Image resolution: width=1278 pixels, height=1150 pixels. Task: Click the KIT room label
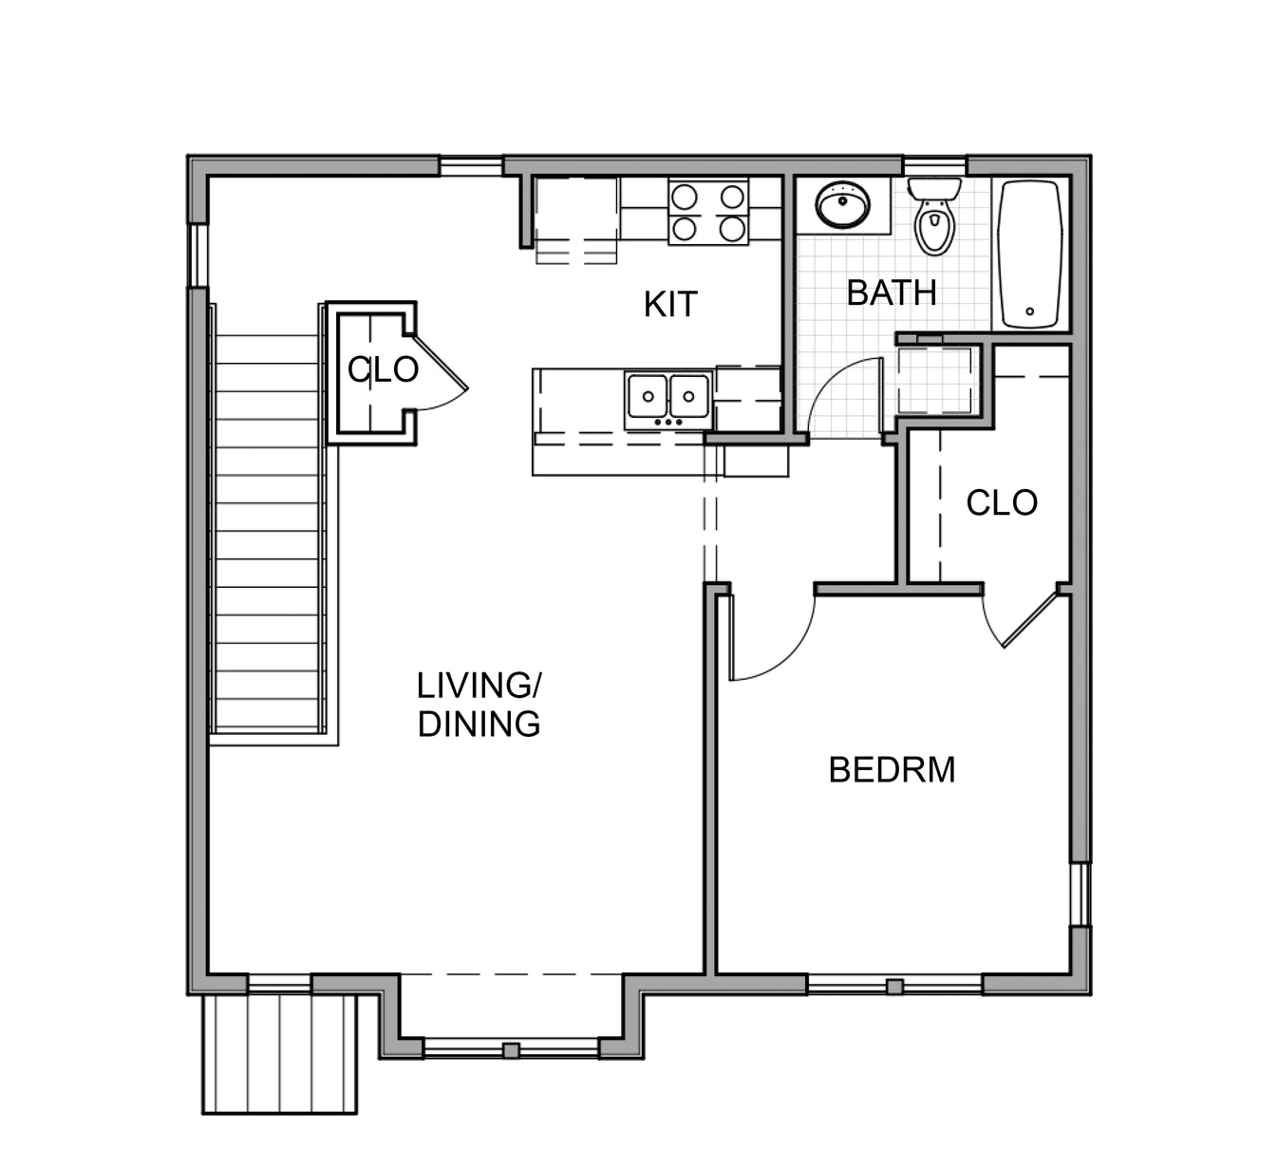coord(670,305)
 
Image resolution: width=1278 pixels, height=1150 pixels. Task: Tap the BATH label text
coord(891,292)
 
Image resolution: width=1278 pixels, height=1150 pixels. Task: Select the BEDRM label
coord(892,769)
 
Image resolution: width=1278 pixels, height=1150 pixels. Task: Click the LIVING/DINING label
coord(479,705)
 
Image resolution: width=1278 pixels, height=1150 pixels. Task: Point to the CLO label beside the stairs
coord(383,369)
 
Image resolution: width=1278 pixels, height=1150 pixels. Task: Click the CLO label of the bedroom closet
coord(1002,502)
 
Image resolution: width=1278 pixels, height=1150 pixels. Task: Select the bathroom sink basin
coord(842,205)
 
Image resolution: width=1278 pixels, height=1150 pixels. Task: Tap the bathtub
coord(1030,254)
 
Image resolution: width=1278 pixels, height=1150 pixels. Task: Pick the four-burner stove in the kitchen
coord(707,212)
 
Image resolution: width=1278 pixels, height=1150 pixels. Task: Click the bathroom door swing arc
coord(841,394)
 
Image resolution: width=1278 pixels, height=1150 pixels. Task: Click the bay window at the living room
coord(511,1048)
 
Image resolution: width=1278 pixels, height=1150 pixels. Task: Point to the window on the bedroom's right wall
coord(1080,895)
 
